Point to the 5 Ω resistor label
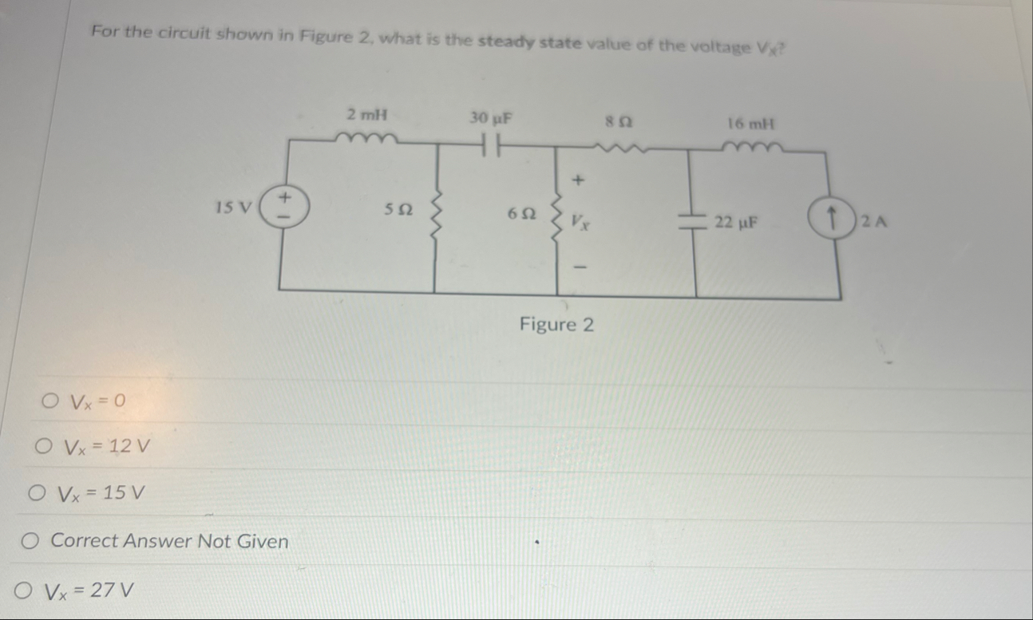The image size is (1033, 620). pos(398,209)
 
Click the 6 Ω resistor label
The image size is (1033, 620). pos(520,213)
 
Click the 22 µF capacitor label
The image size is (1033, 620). pos(736,223)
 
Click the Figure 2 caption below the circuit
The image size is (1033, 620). pos(556,325)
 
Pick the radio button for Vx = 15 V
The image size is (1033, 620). pos(35,494)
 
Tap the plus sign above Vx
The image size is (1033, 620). pos(580,182)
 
